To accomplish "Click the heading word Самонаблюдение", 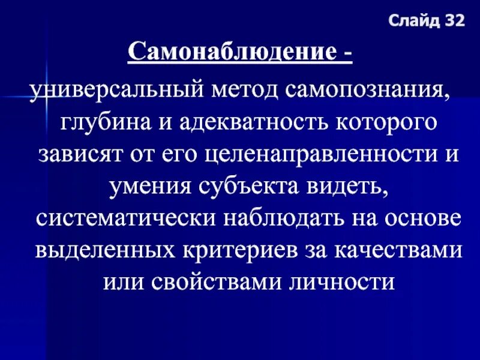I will pyautogui.click(x=230, y=53).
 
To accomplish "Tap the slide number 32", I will pyautogui.click(x=454, y=22).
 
